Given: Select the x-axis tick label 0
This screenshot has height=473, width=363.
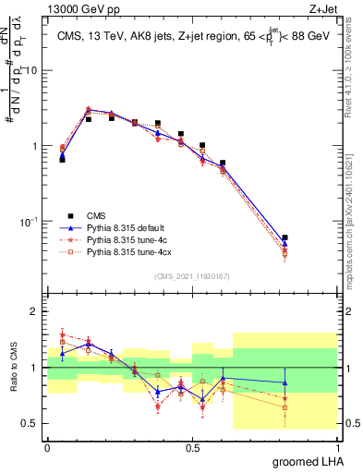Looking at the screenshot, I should click(x=47, y=446).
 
